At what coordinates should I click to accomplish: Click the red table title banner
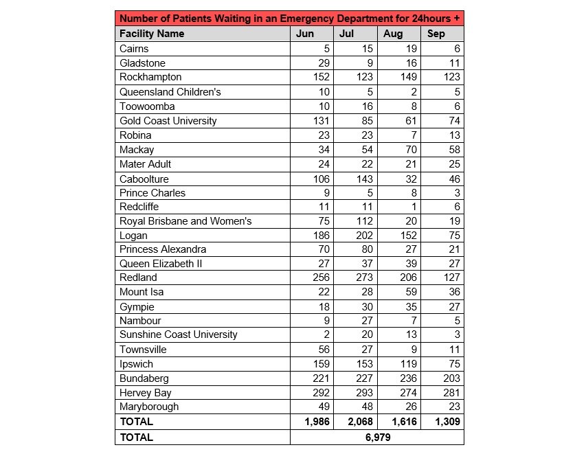[x=289, y=19]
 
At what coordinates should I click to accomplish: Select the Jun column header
[x=305, y=34]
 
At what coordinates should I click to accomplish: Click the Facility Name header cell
[x=152, y=34]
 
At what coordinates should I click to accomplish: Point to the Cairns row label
[x=134, y=49]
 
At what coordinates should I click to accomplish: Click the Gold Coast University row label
[x=168, y=121]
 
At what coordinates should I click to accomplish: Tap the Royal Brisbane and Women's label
[x=185, y=221]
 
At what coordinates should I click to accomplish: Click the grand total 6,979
[x=376, y=437]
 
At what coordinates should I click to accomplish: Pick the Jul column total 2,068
[x=357, y=422]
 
